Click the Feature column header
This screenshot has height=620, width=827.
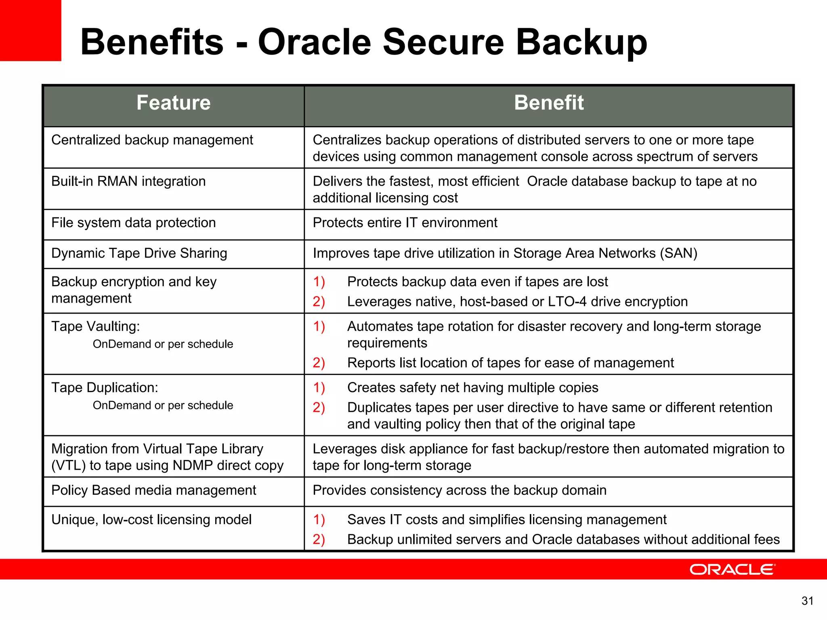pos(173,103)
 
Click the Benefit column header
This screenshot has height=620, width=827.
pos(548,103)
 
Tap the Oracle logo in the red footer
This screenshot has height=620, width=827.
pos(732,569)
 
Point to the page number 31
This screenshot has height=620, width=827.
pos(807,601)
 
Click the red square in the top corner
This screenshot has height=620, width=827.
pos(30,30)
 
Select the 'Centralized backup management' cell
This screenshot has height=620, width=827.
pos(152,140)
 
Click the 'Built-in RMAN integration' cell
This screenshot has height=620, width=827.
pos(128,181)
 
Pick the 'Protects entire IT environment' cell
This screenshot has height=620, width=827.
pos(405,223)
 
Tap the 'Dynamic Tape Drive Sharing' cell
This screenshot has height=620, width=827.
pos(139,253)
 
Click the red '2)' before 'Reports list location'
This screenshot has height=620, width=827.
pos(319,363)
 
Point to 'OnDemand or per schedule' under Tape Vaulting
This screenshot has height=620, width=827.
pos(163,344)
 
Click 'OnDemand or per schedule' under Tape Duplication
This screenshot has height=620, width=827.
pos(163,405)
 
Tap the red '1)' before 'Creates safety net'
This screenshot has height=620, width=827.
pos(319,388)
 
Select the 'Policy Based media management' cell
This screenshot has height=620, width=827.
pos(153,490)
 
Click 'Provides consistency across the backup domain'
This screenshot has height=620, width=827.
pos(459,490)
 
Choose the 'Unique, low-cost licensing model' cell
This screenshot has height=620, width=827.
pos(151,520)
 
